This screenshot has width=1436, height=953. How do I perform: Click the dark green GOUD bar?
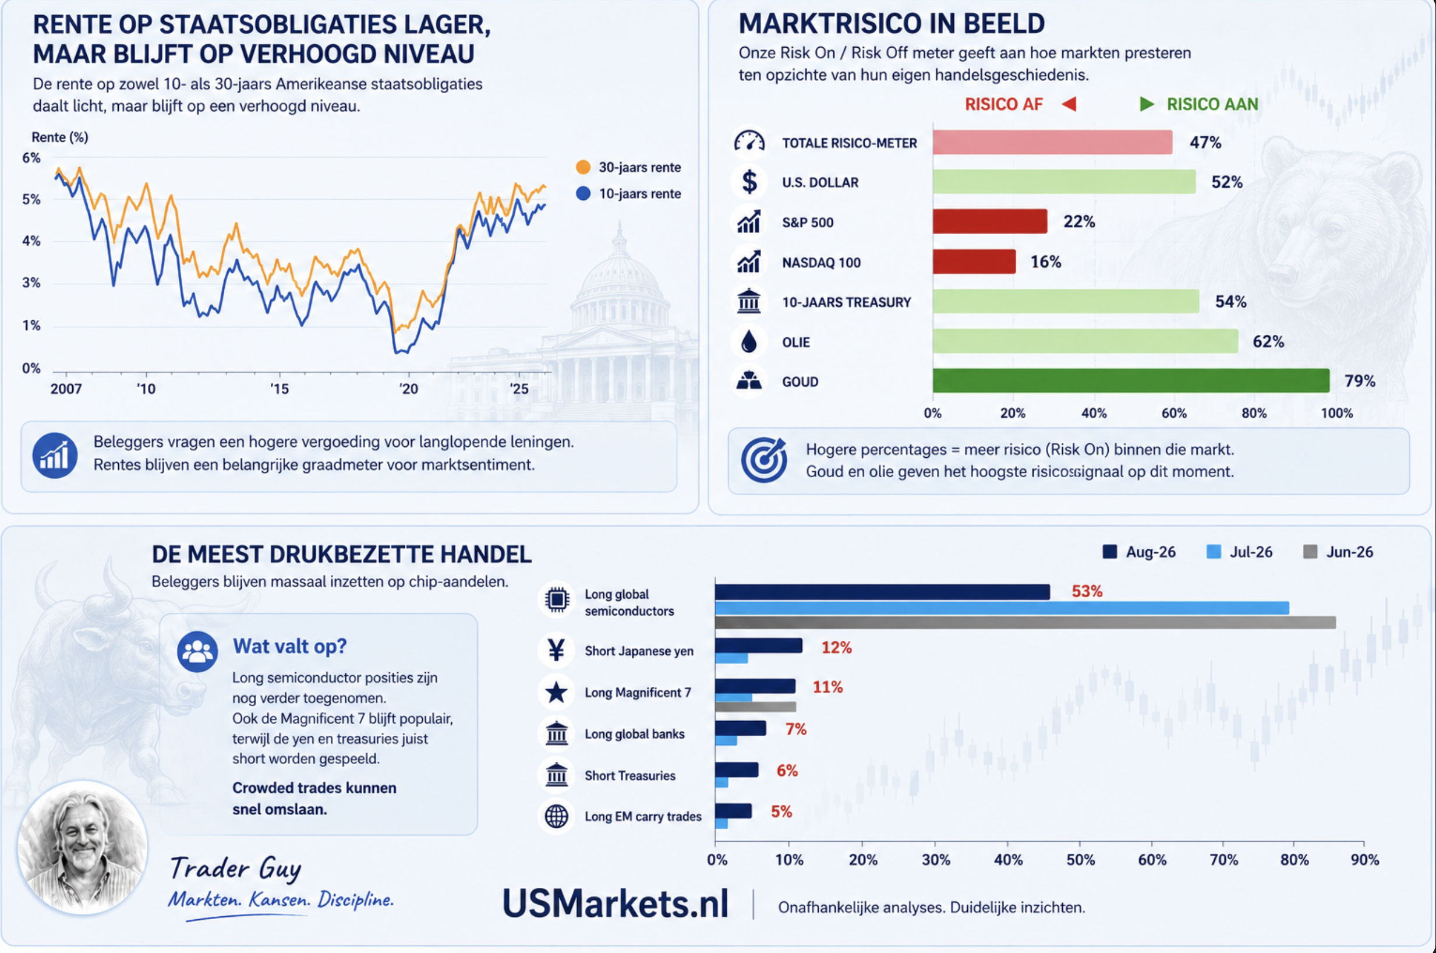tap(1130, 380)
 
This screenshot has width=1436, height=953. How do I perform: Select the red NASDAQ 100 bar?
tap(974, 262)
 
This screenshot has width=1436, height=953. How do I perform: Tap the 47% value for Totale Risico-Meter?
tap(1205, 142)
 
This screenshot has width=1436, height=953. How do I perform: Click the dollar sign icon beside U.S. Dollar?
tap(749, 182)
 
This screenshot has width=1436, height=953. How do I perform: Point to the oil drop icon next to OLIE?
tap(749, 341)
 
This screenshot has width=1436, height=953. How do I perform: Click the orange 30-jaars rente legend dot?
tap(583, 167)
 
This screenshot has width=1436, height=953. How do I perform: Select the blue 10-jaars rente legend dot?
tap(583, 193)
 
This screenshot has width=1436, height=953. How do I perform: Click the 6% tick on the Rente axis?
tap(31, 158)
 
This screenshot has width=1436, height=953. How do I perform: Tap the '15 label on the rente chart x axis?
tap(280, 389)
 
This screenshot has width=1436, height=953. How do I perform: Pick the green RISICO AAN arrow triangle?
tap(1147, 104)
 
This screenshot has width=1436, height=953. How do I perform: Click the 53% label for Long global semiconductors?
tap(1087, 591)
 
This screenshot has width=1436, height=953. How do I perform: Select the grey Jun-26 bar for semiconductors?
tap(1025, 622)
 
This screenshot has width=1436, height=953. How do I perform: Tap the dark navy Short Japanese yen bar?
tap(758, 645)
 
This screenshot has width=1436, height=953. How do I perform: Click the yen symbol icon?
tap(556, 650)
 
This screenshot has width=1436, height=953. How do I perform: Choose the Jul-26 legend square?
tap(1213, 552)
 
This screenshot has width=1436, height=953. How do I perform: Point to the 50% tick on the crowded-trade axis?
tap(1080, 860)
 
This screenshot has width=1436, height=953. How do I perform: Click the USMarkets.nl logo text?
tap(616, 903)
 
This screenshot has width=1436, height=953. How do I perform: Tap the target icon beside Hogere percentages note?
tap(763, 460)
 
